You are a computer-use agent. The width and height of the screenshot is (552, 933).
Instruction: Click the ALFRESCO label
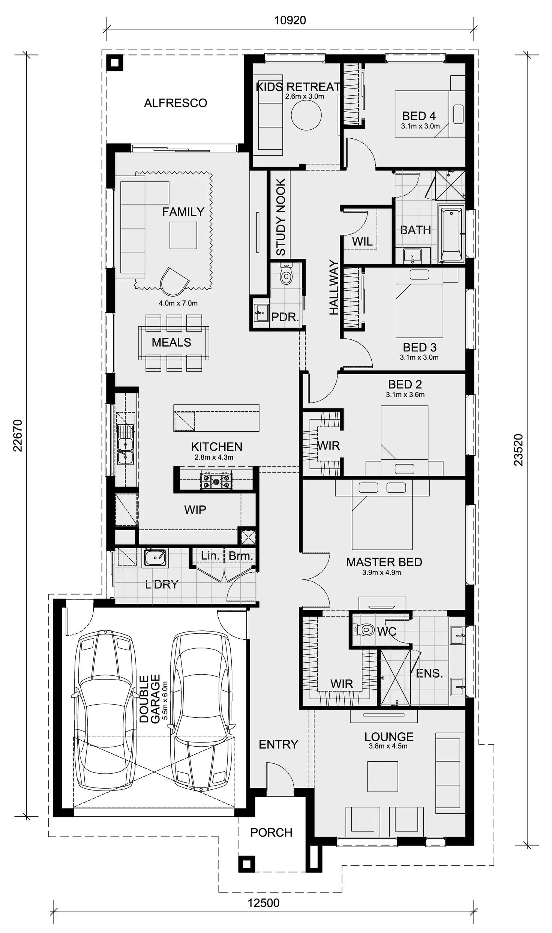coord(175,103)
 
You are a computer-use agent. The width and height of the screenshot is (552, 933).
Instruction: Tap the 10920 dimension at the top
coord(290,20)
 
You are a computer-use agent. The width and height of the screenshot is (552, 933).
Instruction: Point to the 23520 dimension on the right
coord(518,450)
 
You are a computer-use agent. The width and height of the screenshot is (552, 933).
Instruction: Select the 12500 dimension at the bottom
coord(263,903)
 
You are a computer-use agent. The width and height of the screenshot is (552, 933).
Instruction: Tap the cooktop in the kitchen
coord(216,480)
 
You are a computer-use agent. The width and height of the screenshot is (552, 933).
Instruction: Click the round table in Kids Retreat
coord(306,115)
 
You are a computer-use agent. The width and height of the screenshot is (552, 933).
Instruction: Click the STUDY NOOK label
coord(281,217)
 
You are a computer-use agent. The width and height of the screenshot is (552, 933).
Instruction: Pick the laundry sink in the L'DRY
coord(155,558)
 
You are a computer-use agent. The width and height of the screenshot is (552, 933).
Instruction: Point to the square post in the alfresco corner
coord(115,63)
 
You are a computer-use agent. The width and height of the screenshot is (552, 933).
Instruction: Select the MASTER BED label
coord(384,562)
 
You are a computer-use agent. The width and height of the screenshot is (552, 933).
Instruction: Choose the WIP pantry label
coord(195,510)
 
